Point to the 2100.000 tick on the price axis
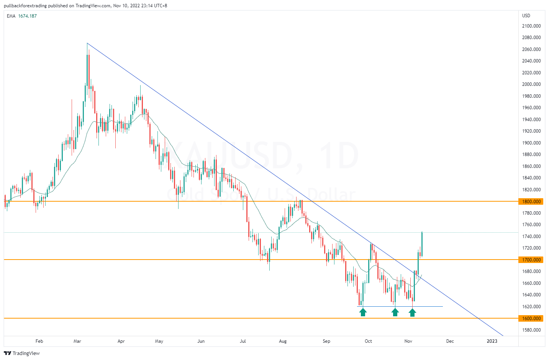tap(531, 26)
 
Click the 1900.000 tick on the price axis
tap(531, 143)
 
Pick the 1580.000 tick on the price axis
tap(531, 330)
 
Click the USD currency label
tap(526, 16)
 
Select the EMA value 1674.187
tap(27, 16)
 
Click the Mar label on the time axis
tap(77, 341)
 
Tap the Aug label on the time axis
tap(283, 341)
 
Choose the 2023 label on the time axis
tap(492, 341)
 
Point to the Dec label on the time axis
tap(450, 341)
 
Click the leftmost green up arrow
tap(363, 312)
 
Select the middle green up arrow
tap(395, 312)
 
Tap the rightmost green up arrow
tap(412, 312)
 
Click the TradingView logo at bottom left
tap(22, 353)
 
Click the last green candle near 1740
tap(422, 243)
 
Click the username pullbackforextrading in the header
tap(25, 6)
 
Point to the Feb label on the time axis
tap(39, 341)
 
